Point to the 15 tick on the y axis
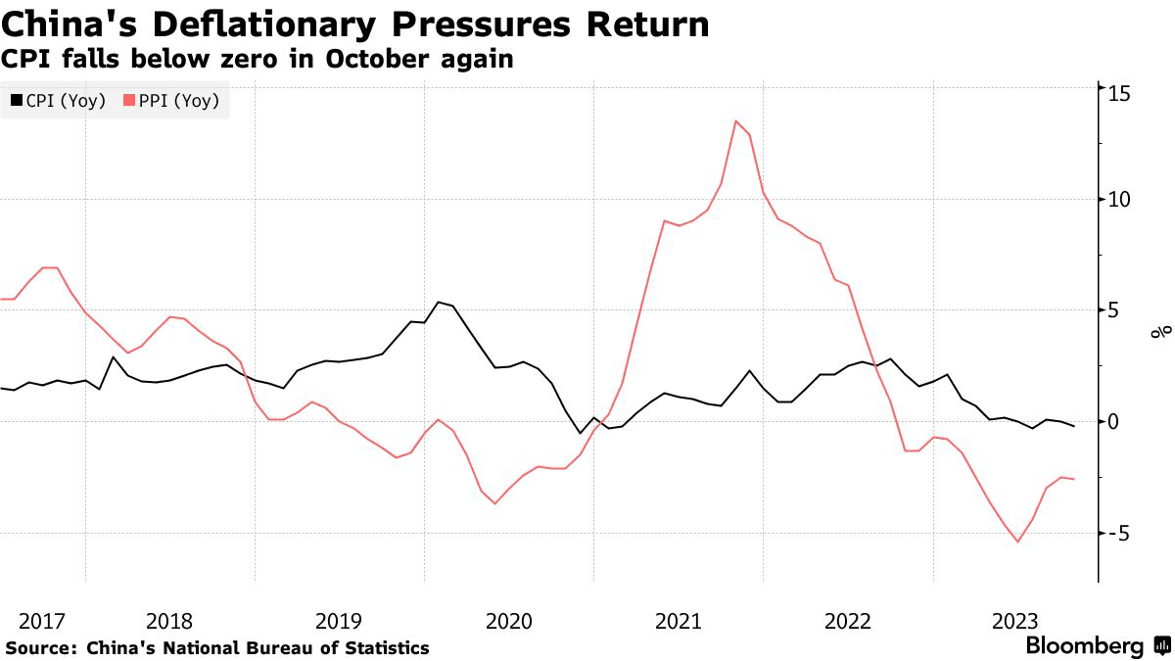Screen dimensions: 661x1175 coord(1119,92)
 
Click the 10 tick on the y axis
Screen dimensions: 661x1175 coord(1119,200)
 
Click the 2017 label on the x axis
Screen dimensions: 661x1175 coord(41,621)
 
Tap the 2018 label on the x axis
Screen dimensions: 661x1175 coord(169,621)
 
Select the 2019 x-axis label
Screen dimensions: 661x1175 coord(339,621)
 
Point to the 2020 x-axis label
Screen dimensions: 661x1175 coord(508,621)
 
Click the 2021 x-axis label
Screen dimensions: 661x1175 coord(678,621)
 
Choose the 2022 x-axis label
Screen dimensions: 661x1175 coord(848,621)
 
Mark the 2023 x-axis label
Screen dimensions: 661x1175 coord(1016,621)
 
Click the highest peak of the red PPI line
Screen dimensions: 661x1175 coord(735,120)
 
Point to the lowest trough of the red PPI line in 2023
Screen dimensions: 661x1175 coord(1018,542)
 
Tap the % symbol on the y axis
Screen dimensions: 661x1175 coord(1160,332)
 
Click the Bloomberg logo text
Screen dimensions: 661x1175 coord(1084,646)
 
